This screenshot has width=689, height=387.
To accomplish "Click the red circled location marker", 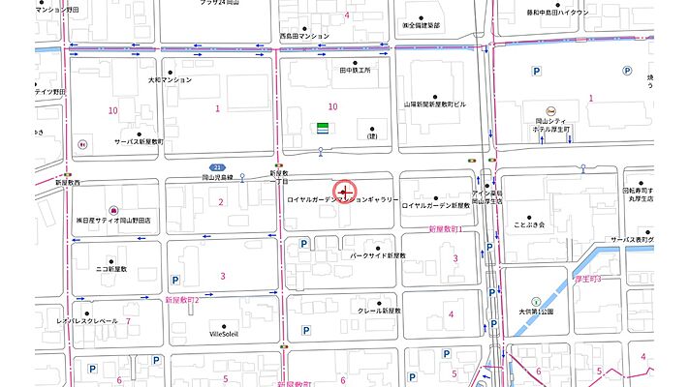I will point(345,191).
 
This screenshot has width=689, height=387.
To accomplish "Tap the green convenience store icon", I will point(320,128).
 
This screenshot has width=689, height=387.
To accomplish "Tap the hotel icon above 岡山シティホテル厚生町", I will point(550,109).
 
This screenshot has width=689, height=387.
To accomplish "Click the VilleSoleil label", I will point(223,334).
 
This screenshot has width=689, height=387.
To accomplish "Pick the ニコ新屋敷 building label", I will point(106,269).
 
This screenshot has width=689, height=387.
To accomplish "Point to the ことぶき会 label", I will point(530,224).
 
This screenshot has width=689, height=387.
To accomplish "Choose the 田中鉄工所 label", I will point(355,70).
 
